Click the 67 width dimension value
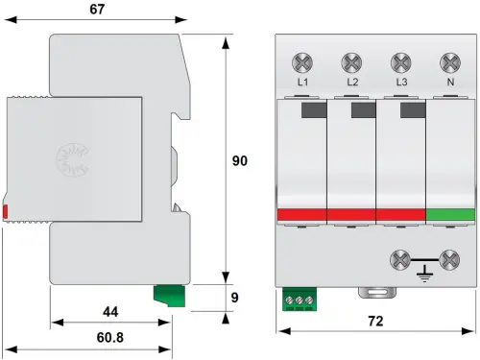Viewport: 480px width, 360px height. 97,9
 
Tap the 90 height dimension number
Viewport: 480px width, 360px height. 240,160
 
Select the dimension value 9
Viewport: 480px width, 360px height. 235,298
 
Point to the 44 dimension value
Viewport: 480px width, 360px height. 110,312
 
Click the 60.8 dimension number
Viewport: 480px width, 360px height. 110,337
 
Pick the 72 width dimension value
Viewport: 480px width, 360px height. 375,321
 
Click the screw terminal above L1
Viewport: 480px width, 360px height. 302,62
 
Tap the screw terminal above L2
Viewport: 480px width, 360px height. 351,62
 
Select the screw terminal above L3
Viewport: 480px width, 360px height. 401,62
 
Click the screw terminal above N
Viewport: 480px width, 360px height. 450,62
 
